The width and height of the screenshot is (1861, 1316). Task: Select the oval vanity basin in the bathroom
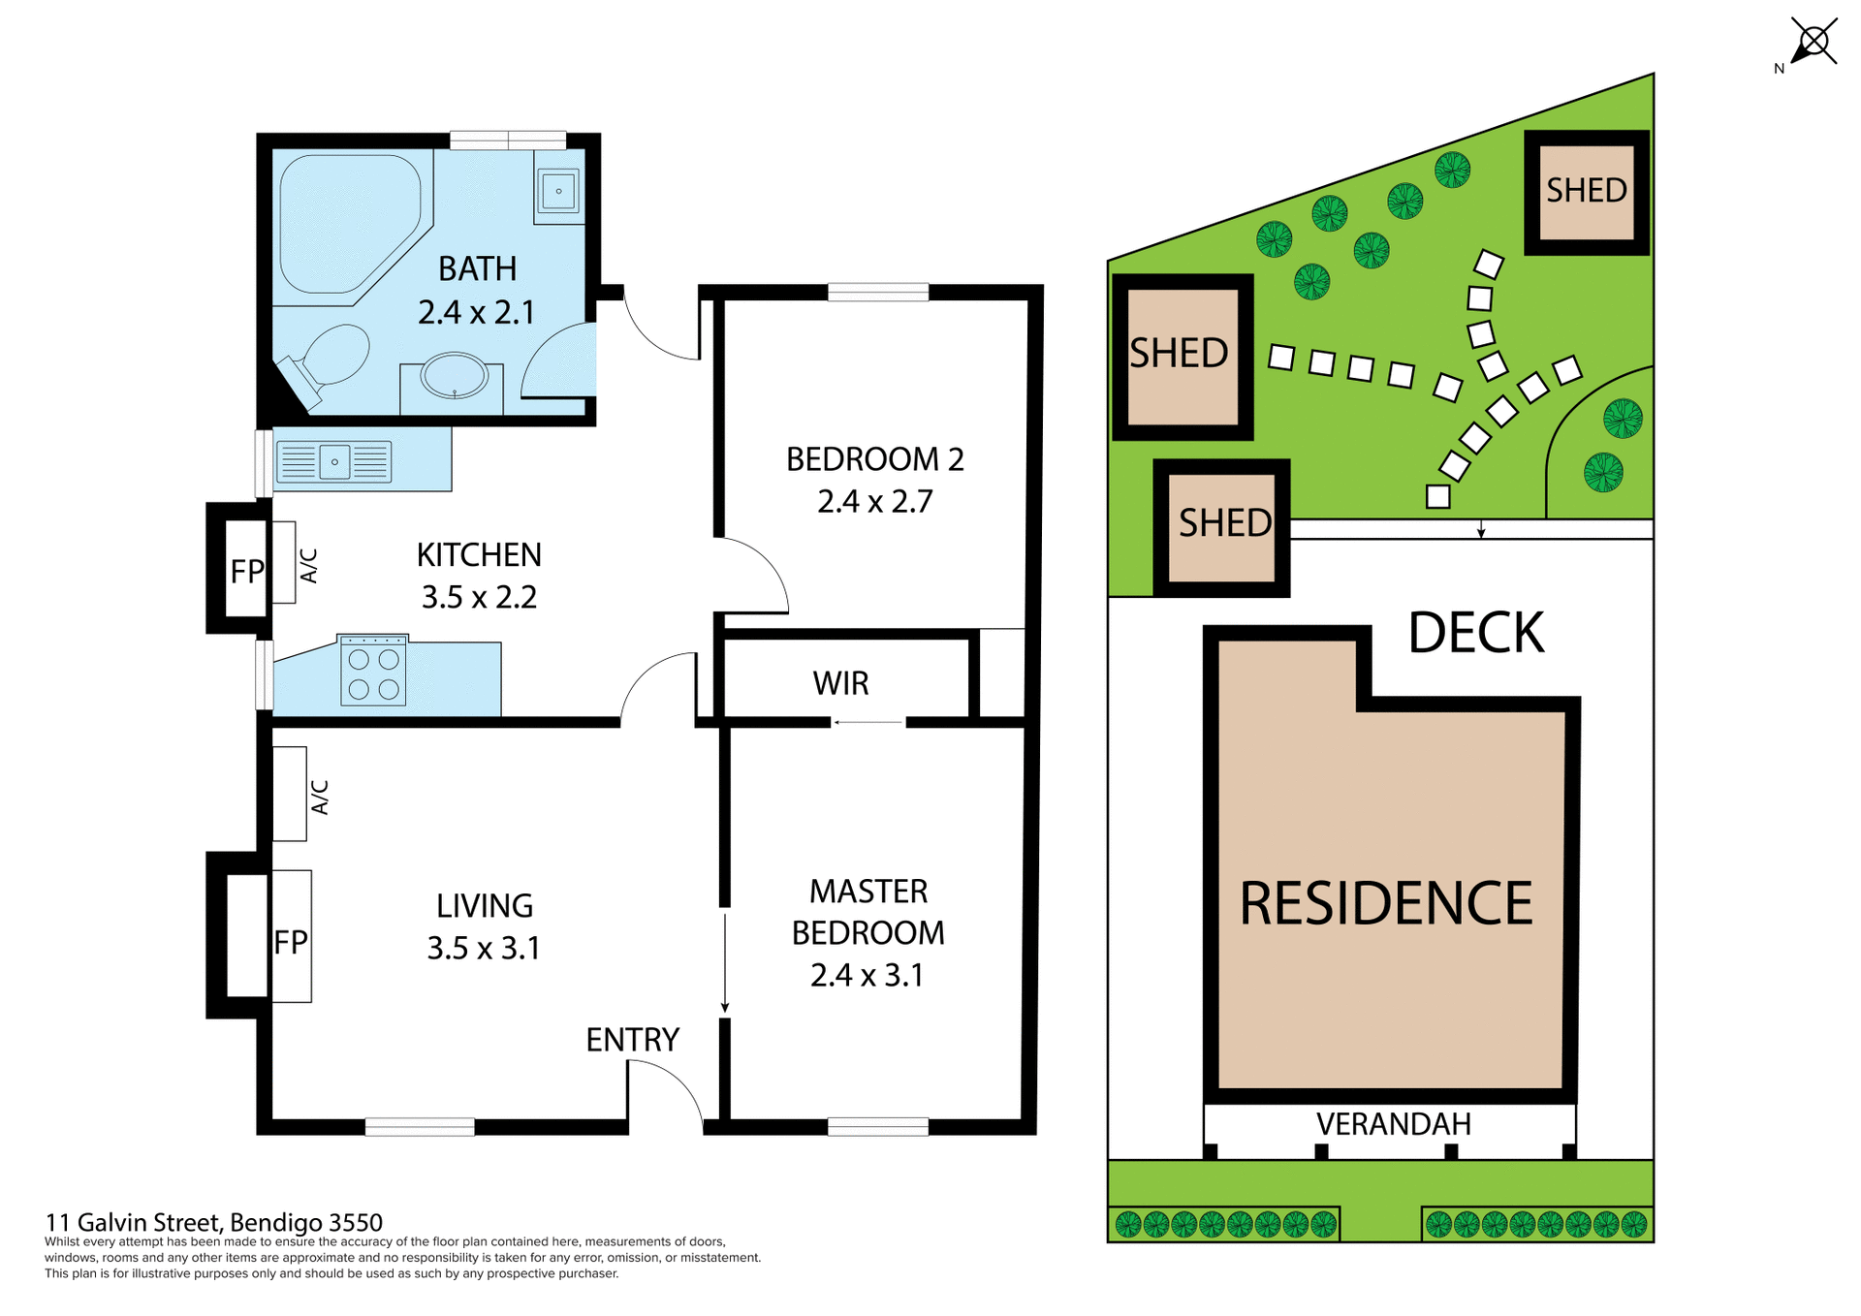click(454, 376)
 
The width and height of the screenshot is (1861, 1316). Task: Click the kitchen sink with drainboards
click(334, 461)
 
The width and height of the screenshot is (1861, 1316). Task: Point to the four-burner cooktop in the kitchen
click(373, 672)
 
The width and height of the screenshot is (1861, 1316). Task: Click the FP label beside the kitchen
click(246, 572)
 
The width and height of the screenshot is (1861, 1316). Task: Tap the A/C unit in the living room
click(290, 794)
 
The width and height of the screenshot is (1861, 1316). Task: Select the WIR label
click(840, 683)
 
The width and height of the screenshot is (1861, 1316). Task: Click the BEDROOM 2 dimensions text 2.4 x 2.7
click(874, 502)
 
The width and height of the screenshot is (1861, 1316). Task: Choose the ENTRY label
click(632, 1040)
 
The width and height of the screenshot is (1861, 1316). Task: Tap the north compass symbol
click(1812, 44)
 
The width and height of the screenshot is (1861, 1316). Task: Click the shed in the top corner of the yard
click(1586, 192)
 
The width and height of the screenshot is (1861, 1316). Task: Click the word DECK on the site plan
click(1474, 634)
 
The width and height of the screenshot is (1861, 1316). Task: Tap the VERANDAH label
click(1393, 1124)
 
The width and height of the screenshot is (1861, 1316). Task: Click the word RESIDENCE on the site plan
click(1386, 903)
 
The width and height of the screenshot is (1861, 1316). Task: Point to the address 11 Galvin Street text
click(214, 1222)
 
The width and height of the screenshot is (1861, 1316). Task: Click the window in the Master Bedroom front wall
click(878, 1126)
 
